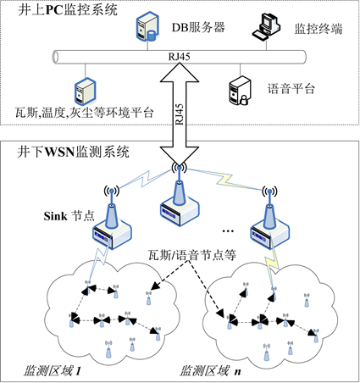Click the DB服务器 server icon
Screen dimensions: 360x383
click(147, 26)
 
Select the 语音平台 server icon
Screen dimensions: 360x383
click(240, 91)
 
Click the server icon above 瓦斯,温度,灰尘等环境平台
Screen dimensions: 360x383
click(86, 92)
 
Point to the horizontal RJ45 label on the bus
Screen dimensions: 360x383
click(180, 57)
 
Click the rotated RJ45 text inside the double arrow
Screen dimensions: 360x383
click(180, 114)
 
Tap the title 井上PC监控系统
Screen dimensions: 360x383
click(68, 10)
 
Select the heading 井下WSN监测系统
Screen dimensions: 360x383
click(73, 152)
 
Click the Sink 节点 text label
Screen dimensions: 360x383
click(69, 216)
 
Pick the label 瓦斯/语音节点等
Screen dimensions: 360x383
click(192, 255)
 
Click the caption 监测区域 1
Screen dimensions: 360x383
click(53, 371)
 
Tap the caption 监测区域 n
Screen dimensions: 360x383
click(210, 371)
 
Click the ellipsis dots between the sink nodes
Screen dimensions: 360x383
click(228, 231)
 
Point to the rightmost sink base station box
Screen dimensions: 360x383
click(270, 234)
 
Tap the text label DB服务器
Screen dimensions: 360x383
click(198, 28)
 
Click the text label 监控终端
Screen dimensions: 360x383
click(318, 29)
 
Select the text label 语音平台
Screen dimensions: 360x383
click(291, 89)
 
